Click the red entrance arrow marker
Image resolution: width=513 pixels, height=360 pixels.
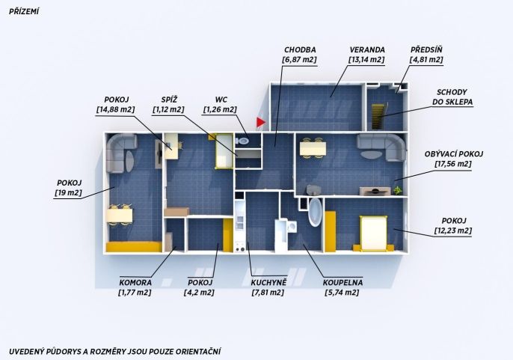pyautogui.click(x=260, y=122)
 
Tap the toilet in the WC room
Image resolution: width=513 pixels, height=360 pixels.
pyautogui.click(x=242, y=141)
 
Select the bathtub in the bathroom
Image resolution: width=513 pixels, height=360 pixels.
pyautogui.click(x=315, y=212)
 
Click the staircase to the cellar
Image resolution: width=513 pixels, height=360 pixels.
pyautogui.click(x=378, y=116)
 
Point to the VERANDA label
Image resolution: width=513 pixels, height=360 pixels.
pyautogui.click(x=367, y=50)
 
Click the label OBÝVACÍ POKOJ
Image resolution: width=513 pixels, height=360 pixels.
pyautogui.click(x=454, y=154)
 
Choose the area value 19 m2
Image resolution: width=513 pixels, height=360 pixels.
pyautogui.click(x=68, y=192)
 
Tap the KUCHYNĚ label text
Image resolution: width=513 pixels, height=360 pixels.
pyautogui.click(x=268, y=283)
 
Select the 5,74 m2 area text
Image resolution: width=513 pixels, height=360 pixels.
pyautogui.click(x=342, y=293)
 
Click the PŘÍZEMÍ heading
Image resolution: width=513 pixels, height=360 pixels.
pyautogui.click(x=24, y=12)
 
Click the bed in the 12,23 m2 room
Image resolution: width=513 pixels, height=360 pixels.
pyautogui.click(x=374, y=234)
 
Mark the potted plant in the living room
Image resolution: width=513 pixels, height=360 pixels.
pyautogui.click(x=398, y=190)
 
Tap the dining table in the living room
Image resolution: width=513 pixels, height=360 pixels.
pyautogui.click(x=313, y=148)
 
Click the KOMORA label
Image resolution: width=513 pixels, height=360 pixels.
pyautogui.click(x=135, y=283)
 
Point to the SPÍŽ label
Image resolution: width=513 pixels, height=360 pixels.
pyautogui.click(x=169, y=100)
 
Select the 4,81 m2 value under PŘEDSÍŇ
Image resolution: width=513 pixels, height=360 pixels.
pyautogui.click(x=426, y=60)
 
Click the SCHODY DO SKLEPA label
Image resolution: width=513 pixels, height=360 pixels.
pyautogui.click(x=452, y=97)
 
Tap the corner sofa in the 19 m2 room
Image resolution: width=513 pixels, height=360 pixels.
pyautogui.click(x=120, y=153)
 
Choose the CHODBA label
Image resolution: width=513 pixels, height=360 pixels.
pyautogui.click(x=300, y=50)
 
